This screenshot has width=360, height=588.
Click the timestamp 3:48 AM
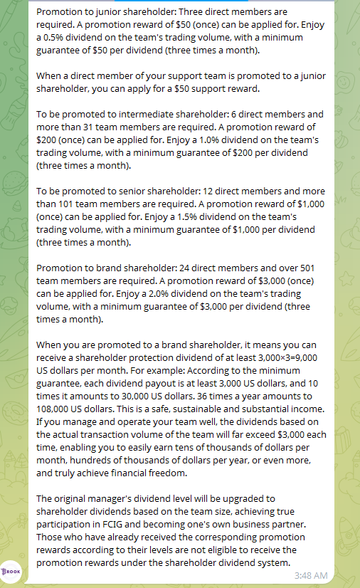(x=311, y=574)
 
